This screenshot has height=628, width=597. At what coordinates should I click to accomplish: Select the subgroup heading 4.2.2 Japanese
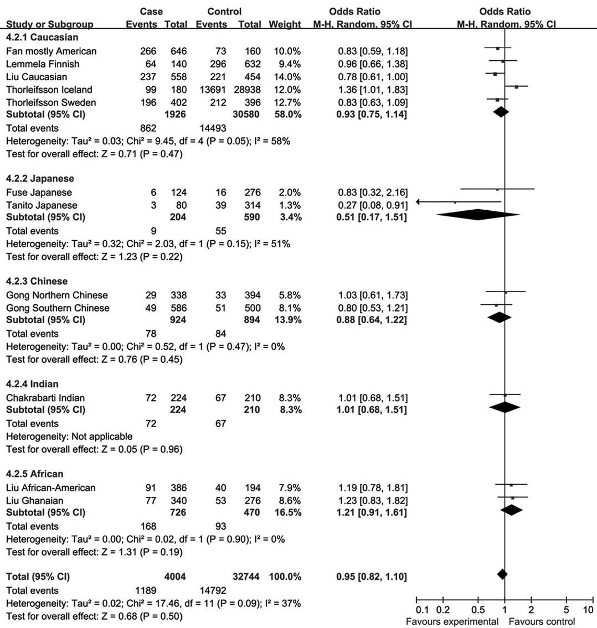[39, 179]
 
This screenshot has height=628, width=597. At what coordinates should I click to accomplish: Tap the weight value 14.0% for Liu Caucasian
[286, 76]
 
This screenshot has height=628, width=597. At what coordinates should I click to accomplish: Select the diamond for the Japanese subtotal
[478, 216]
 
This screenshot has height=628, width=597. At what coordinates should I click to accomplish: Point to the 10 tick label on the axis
[588, 610]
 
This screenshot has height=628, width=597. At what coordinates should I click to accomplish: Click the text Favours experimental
[452, 621]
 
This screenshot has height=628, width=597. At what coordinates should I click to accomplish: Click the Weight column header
[285, 24]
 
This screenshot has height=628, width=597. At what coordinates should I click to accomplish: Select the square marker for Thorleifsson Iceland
[516, 87]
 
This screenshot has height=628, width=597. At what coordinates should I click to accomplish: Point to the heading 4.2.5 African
[34, 474]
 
